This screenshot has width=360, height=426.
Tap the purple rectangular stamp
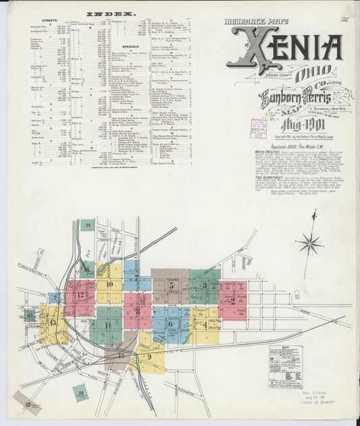[258, 128]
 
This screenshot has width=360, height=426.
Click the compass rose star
[311, 243]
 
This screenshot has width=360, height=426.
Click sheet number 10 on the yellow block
[109, 284]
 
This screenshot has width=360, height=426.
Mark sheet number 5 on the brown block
[172, 286]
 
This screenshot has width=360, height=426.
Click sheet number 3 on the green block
[205, 285]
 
